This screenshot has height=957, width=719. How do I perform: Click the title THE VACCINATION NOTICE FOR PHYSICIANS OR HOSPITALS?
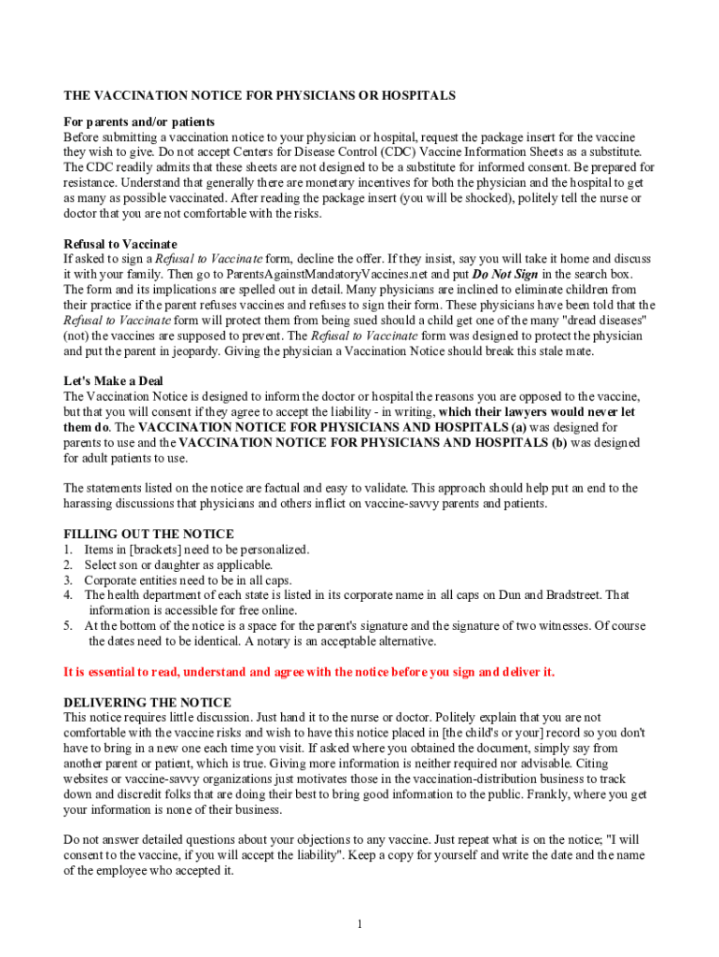point(259,95)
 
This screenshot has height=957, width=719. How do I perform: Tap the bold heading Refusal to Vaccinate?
point(120,244)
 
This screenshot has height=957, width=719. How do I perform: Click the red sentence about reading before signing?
point(308,672)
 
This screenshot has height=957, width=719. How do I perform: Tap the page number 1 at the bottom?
point(359,924)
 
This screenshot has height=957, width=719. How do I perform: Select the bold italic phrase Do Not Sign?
point(505,274)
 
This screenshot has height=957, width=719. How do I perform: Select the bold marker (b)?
point(559,442)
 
